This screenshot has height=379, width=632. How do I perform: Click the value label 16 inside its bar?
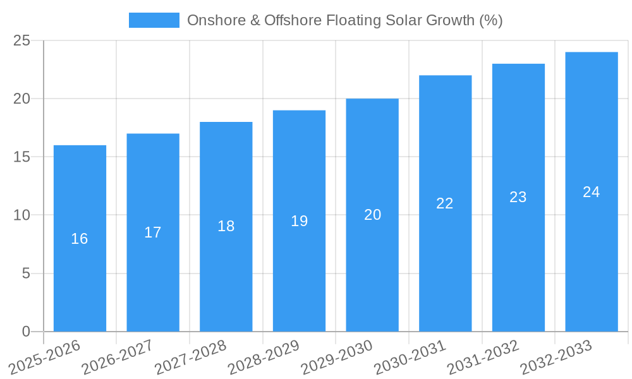pyautogui.click(x=80, y=239)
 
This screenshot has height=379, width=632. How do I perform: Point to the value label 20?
pyautogui.click(x=372, y=215)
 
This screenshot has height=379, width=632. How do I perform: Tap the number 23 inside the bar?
pyautogui.click(x=518, y=197)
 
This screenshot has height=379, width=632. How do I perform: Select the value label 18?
pyautogui.click(x=226, y=226)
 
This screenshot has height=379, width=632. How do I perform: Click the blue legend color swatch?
pyautogui.click(x=154, y=20)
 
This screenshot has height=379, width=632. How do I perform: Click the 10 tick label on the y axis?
pyautogui.click(x=22, y=215)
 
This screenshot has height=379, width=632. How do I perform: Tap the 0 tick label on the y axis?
pyautogui.click(x=27, y=332)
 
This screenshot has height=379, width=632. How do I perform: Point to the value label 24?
pyautogui.click(x=592, y=192)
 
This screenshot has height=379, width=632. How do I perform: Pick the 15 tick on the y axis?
pyautogui.click(x=22, y=157)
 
